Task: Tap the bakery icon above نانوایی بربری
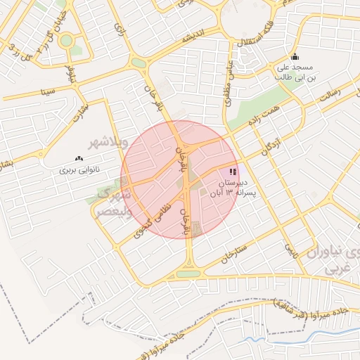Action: click(x=78, y=159)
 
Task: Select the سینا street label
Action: click(x=48, y=91)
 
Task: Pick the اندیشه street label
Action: click(x=193, y=36)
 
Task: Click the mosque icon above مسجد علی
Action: click(x=294, y=58)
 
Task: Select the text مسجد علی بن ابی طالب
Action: click(x=292, y=72)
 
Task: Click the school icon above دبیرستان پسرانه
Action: click(x=233, y=172)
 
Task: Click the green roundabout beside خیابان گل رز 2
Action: click(x=66, y=41)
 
